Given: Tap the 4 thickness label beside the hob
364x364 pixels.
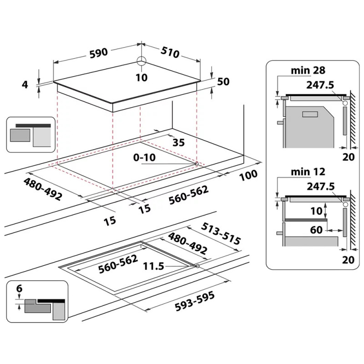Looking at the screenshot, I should click(25, 84).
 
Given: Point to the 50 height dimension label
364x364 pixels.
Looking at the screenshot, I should click(223, 82).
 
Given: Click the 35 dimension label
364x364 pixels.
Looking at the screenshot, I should click(179, 142).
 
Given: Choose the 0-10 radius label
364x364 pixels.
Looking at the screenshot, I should click(144, 157).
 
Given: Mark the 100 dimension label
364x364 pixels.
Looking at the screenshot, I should click(248, 174).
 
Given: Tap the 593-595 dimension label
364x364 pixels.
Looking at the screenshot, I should click(195, 302).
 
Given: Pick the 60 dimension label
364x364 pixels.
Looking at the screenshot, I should click(316, 230).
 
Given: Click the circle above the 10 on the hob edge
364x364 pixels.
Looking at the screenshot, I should click(142, 62).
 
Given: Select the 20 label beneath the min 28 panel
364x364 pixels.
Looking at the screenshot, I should click(347, 157).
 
